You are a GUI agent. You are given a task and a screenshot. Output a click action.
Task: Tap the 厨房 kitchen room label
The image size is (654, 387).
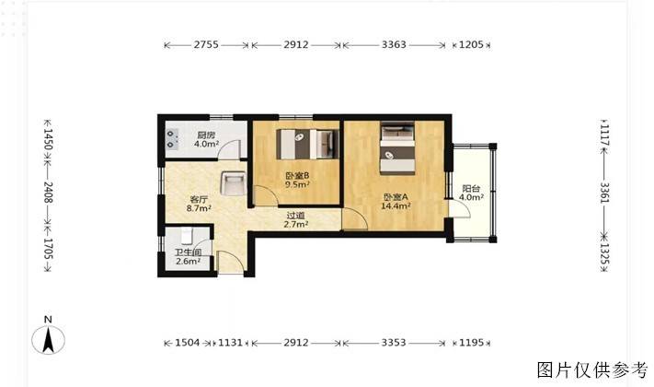pyautogui.click(x=206, y=135)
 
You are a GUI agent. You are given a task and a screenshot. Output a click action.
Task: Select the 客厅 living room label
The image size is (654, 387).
pyautogui.click(x=199, y=199)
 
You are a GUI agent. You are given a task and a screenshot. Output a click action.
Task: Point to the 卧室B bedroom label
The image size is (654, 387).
pyautogui.click(x=297, y=175)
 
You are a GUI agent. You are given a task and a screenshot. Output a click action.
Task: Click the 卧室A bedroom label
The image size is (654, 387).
pyautogui.click(x=396, y=196)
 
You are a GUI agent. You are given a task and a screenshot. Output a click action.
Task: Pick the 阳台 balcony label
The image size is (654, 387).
pyautogui.click(x=471, y=189)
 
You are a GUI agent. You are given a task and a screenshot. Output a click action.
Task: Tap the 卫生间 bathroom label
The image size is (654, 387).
pyautogui.click(x=189, y=252)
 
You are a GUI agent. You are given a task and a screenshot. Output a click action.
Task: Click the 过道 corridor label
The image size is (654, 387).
pyautogui.click(x=295, y=216)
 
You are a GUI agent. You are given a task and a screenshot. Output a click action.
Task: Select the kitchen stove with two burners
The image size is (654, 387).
pyautogui.click(x=172, y=139)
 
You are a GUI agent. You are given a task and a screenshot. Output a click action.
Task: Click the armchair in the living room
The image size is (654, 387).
pyautogui.click(x=233, y=183)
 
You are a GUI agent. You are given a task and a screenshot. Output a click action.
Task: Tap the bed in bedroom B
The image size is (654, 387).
pyautogui.click(x=307, y=144)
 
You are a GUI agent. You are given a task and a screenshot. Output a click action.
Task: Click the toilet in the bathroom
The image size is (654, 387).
pyautogui.click(x=187, y=236)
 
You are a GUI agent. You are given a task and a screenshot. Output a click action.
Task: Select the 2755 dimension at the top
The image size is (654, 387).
pyautogui.click(x=206, y=44)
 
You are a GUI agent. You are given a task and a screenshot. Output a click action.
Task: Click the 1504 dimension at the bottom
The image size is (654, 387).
pyautogui.click(x=187, y=343)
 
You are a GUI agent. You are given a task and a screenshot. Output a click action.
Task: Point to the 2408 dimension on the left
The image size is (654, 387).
pyautogui.click(x=48, y=193)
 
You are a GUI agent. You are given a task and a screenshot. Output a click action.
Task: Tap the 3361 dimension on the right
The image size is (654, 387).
pyautogui.click(x=604, y=193)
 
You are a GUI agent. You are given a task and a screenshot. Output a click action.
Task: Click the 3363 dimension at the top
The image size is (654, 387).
pyautogui.click(x=394, y=44)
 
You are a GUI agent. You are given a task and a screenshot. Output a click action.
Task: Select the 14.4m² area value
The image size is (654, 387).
pyautogui.click(x=396, y=205)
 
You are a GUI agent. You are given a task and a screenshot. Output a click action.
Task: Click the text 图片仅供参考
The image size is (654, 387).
pyautogui.click(x=592, y=369)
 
